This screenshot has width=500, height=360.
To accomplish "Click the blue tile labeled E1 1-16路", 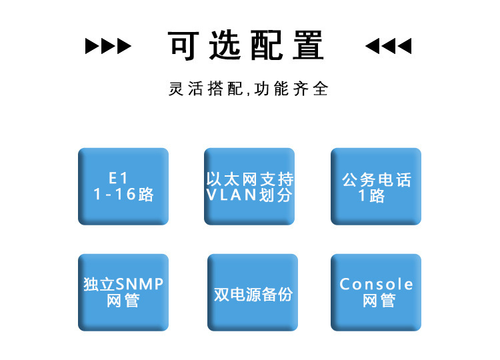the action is tap(123, 186).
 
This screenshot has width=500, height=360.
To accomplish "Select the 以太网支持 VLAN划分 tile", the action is tap(249, 186).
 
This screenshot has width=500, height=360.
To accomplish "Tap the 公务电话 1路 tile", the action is tap(375, 186).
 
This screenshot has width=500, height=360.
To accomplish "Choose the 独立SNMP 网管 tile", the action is tap(123, 292).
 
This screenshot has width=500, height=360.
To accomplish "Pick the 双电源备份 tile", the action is tap(253, 292).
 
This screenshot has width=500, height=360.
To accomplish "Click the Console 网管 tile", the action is tap(375, 292).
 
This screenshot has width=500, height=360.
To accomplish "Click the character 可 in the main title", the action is tap(184, 45).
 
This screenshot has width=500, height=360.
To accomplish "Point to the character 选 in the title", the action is tap(225, 45).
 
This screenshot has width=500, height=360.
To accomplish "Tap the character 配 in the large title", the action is tap(267, 45).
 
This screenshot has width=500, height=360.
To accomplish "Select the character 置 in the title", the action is tap(309, 45).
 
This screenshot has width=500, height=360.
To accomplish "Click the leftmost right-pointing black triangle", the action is tap(92, 46).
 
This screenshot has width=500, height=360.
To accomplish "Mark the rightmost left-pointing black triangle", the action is tap(405, 46).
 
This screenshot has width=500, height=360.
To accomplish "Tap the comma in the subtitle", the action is tap(248, 93).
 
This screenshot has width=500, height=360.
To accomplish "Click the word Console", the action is tap(376, 284).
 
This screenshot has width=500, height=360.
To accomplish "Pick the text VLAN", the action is tap(231, 195).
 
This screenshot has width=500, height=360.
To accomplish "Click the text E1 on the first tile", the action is tap(118, 178).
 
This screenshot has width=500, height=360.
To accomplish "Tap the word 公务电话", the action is tap(377, 180).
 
